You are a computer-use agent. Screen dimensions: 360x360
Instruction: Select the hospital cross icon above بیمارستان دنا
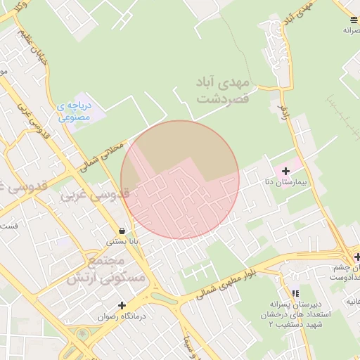pyautogui.click(x=285, y=171)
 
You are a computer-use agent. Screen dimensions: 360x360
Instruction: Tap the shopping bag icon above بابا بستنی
pyautogui.click(x=122, y=231)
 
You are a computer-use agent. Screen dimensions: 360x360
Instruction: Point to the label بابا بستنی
pyautogui.click(x=122, y=241)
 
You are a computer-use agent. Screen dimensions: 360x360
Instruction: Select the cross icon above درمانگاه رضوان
pyautogui.click(x=122, y=305)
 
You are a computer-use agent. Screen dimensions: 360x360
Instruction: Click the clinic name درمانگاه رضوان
pyautogui.click(x=122, y=316)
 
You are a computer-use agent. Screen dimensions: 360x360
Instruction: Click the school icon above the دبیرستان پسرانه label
pyautogui.click(x=295, y=293)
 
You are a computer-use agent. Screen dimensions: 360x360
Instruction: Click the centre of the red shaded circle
pyautogui.click(x=180, y=179)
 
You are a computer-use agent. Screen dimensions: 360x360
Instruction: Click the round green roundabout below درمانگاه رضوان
pyautogui.click(x=84, y=335)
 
